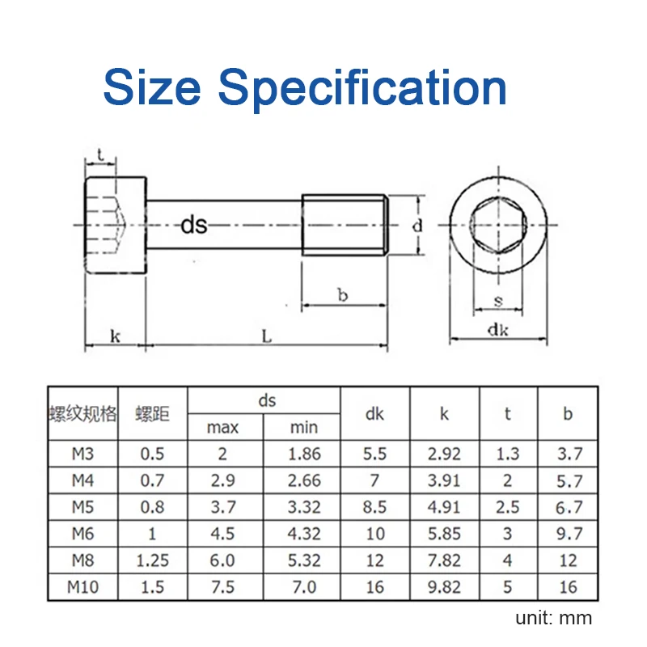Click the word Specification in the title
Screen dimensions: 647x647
pos(362,89)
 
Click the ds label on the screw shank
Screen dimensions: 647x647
pos(194,225)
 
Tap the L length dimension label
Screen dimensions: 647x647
pos(267,336)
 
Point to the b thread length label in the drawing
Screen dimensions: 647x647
pos(342,294)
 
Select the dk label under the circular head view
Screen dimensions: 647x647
pos(498,330)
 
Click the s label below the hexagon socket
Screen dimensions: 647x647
pos(498,301)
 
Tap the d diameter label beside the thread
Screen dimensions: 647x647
pos(417,226)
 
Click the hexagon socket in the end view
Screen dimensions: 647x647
pos(498,225)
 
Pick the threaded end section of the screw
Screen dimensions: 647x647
pos(345,225)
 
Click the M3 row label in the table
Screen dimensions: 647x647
pos(83,454)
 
